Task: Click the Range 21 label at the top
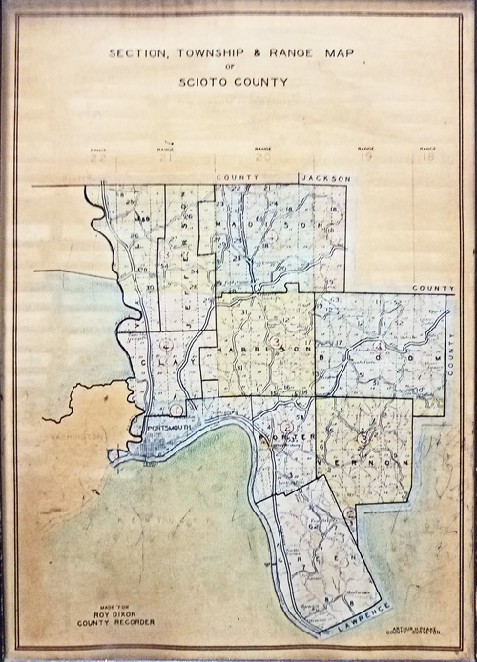tap(167, 154)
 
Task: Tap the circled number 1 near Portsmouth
tap(177, 409)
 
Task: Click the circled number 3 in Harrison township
tap(275, 340)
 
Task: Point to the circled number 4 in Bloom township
tap(379, 346)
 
